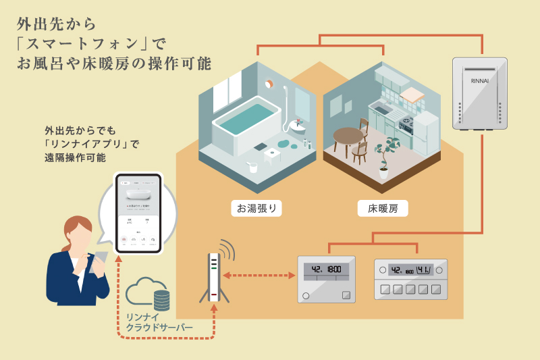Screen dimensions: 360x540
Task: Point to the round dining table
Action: tap(348, 135)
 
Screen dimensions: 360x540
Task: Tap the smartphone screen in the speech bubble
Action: tap(138, 213)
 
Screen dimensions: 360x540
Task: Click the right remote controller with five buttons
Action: tap(411, 278)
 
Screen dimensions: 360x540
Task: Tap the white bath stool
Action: tap(273, 155)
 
